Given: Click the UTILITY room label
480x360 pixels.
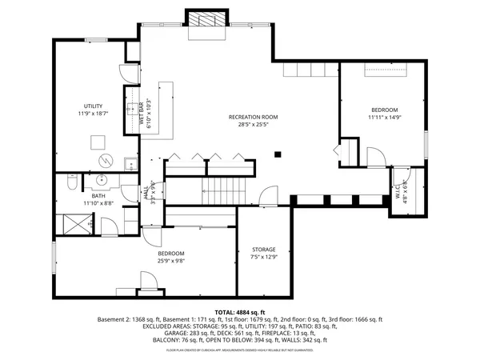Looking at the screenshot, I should pos(94,106).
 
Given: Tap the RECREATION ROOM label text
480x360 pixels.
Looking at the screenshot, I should pos(253,117).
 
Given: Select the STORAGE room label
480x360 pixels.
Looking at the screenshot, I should pos(263,250).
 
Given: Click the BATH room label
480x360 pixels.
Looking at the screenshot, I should pos(98,195).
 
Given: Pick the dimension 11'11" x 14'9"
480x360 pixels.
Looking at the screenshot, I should pos(383,118).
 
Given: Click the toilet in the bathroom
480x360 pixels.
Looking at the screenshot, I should pos(72,185).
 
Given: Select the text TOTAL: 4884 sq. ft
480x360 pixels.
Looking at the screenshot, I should pos(239,312).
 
